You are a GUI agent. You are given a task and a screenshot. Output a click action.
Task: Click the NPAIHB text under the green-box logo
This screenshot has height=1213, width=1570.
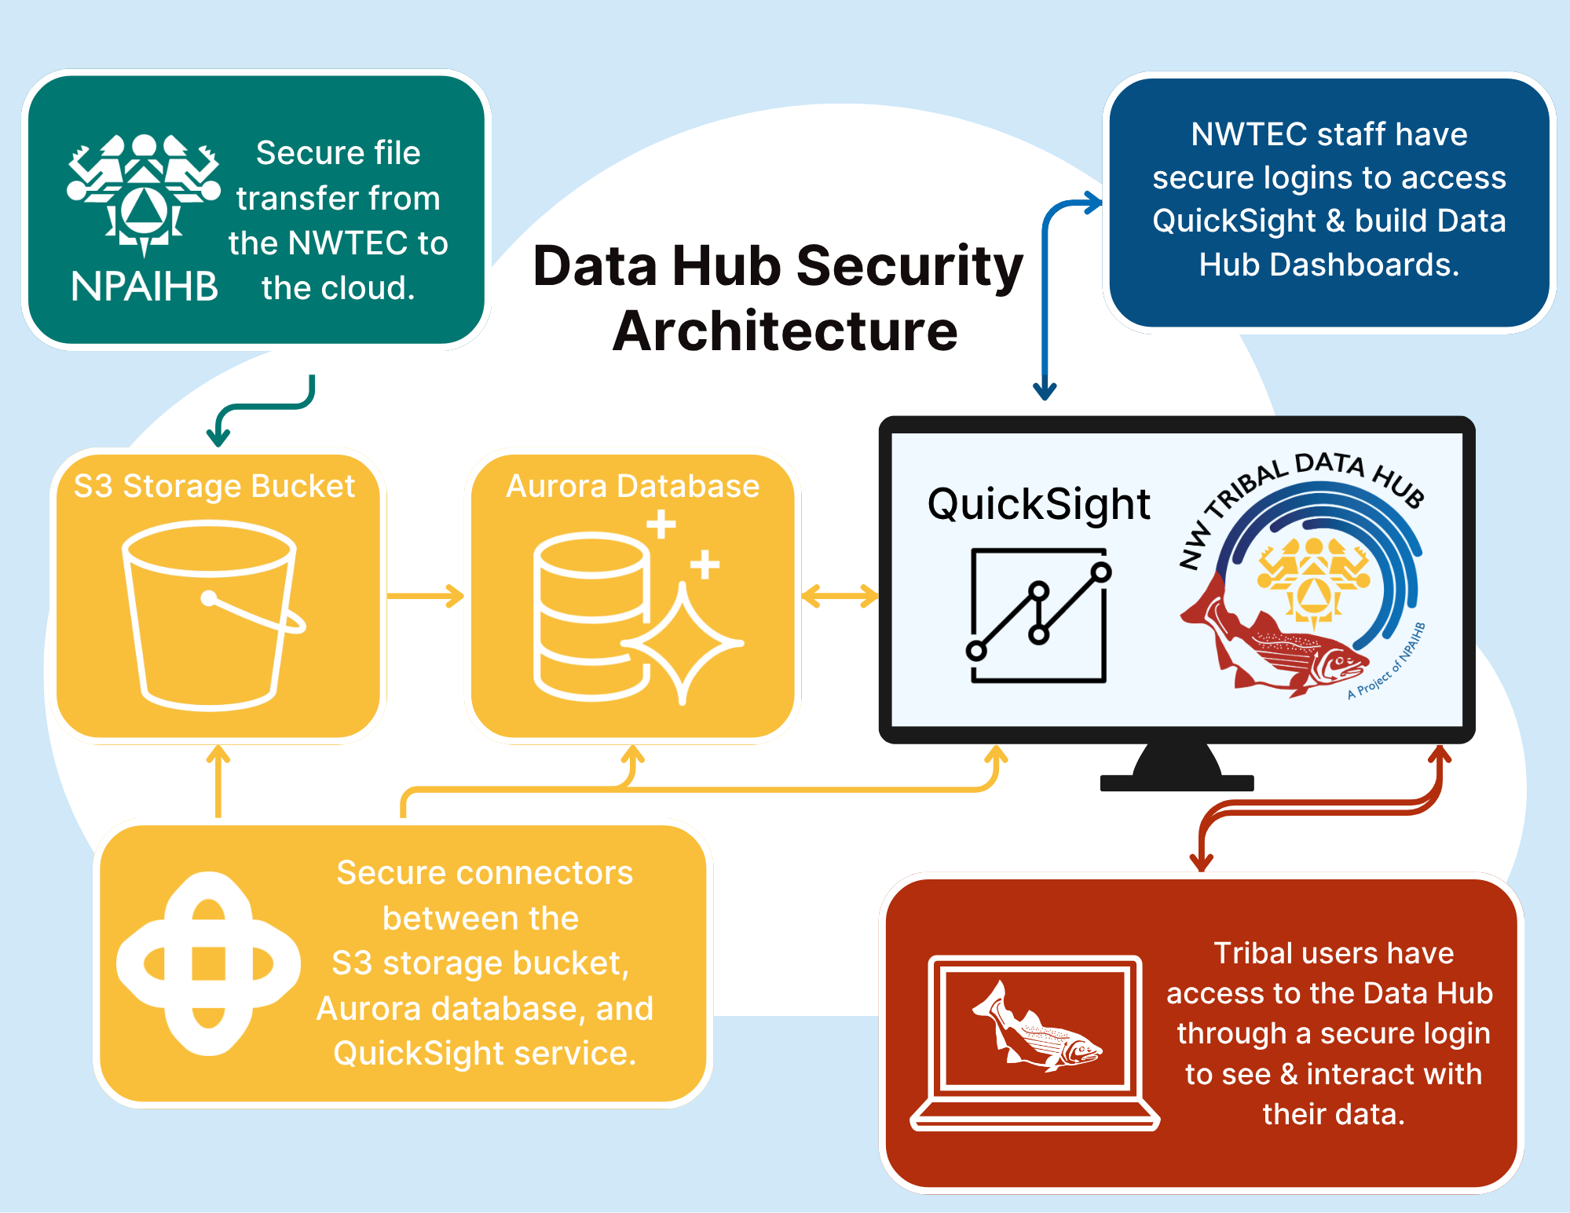point(145,287)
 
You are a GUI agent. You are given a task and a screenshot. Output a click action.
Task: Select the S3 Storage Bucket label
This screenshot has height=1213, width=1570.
point(214,487)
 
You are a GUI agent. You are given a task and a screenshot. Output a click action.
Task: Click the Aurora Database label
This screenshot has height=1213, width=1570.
point(632,487)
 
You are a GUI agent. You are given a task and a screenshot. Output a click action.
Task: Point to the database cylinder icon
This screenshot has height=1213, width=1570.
point(591,616)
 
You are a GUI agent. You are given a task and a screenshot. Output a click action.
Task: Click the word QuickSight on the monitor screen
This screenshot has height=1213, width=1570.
point(1038,505)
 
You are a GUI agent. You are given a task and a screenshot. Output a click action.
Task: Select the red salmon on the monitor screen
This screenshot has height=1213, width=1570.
point(1272,640)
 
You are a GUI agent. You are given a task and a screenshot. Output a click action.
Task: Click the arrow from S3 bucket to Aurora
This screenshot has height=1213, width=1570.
point(425,596)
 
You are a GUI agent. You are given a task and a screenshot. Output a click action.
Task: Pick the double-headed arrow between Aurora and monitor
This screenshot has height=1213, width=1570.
point(840,596)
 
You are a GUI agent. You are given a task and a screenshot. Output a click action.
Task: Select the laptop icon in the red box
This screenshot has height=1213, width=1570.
point(1034,1043)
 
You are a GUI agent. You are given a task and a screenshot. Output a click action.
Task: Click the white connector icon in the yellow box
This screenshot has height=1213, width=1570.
point(208,963)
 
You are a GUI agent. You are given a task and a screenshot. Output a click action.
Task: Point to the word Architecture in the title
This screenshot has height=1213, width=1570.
point(785,331)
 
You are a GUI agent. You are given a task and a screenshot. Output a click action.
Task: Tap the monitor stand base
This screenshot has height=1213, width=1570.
point(1177,782)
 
